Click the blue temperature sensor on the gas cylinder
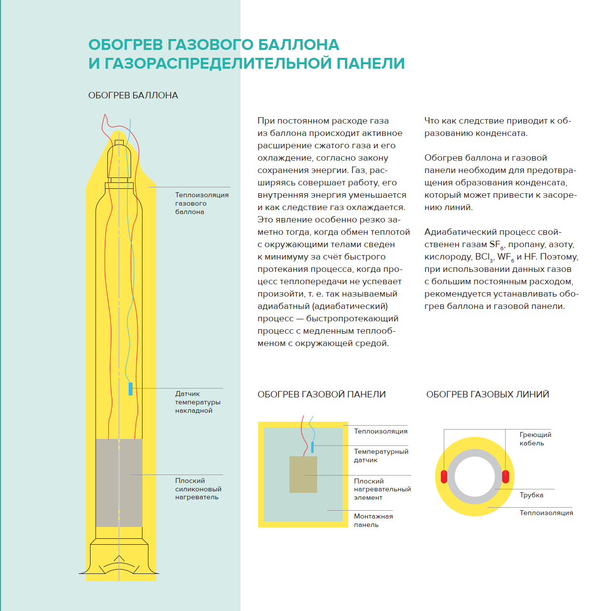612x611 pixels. (x=131, y=389)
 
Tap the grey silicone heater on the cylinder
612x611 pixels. (x=119, y=482)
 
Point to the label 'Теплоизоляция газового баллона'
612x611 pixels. (x=201, y=203)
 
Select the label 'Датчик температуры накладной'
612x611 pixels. (x=197, y=402)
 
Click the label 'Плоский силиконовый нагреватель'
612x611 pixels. (x=198, y=489)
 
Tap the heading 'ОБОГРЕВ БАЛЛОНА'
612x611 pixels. (x=133, y=95)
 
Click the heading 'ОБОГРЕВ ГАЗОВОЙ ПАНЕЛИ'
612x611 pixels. (x=322, y=394)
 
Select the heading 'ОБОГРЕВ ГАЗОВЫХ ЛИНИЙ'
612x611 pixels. (x=487, y=394)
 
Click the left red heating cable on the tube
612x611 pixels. (x=444, y=477)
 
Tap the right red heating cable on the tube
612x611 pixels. (x=505, y=477)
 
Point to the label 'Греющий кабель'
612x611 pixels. (x=535, y=439)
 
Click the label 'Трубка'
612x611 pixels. (x=531, y=495)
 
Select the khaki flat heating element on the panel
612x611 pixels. (x=303, y=475)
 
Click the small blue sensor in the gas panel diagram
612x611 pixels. (x=312, y=447)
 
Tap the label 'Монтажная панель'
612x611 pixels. (x=373, y=521)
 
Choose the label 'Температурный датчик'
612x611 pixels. (x=381, y=456)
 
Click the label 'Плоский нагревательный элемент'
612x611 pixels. (x=382, y=489)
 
